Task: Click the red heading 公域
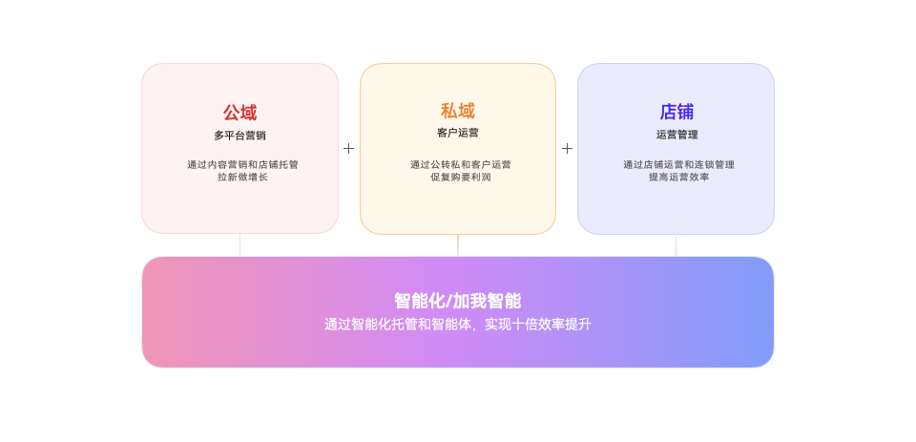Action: click(239, 113)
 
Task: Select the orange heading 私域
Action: click(458, 111)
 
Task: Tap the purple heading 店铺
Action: click(677, 112)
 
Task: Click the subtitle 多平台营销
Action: click(239, 136)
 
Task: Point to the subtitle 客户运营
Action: click(458, 133)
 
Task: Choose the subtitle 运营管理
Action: click(677, 135)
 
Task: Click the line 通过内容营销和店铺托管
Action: click(242, 164)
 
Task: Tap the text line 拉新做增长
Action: click(242, 177)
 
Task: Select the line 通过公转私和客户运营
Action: click(460, 164)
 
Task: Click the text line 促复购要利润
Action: click(460, 177)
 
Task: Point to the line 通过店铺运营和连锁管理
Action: click(678, 164)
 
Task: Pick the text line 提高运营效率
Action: click(678, 177)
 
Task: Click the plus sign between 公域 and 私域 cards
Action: click(349, 149)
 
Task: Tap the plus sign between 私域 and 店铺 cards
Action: click(567, 149)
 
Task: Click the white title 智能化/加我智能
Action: click(458, 301)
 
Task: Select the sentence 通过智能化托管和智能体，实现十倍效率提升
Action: click(458, 325)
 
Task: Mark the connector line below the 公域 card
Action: click(239, 245)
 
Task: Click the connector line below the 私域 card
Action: click(458, 245)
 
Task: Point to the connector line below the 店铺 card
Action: click(676, 245)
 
